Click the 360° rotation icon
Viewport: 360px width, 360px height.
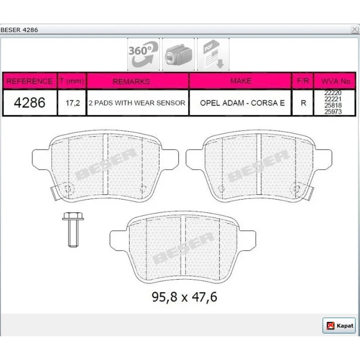(143, 54)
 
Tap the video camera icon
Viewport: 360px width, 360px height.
(178, 54)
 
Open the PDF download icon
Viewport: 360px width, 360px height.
(213, 54)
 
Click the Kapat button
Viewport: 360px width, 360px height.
(339, 326)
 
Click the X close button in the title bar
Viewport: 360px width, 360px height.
(355, 30)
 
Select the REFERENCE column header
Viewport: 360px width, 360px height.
(30, 81)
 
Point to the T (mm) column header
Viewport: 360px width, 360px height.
(72, 81)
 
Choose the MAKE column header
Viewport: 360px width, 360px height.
(241, 81)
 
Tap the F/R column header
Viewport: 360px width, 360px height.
(302, 81)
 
